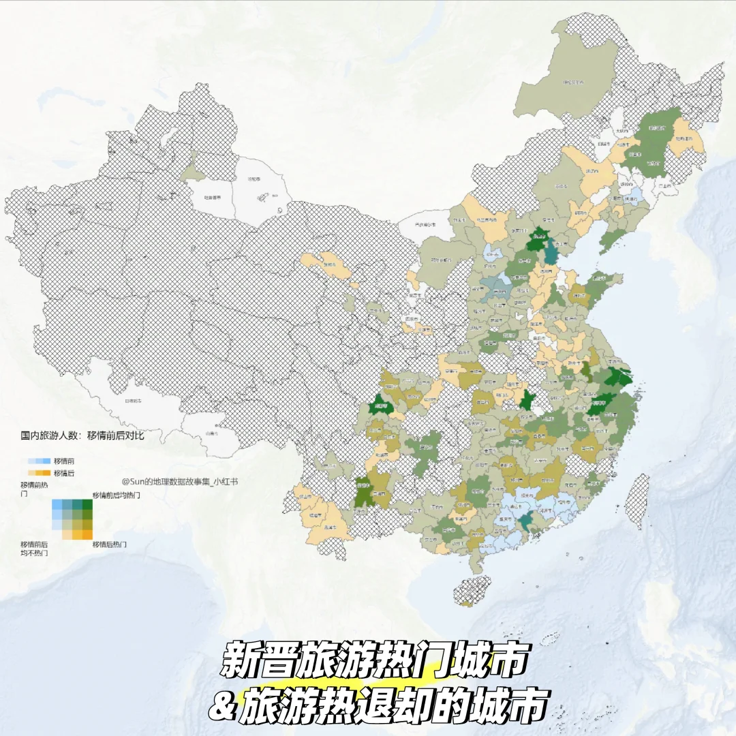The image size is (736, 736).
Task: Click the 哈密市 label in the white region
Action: tap(254, 179)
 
